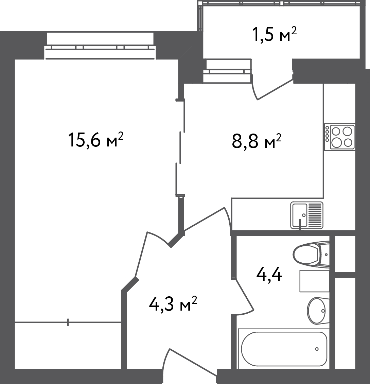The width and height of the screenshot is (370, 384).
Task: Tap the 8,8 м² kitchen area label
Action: (x=257, y=141)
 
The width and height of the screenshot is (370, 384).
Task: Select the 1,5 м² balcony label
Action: (x=275, y=35)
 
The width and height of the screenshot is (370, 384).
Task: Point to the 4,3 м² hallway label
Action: (x=173, y=304)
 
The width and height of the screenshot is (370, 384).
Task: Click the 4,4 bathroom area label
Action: (x=269, y=275)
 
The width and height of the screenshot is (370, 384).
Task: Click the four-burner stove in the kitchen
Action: (x=340, y=137)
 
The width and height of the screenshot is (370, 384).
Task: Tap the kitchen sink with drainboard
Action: (x=307, y=215)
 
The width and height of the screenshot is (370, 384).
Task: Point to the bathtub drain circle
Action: (x=317, y=349)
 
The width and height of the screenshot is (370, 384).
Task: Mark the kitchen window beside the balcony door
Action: (x=227, y=71)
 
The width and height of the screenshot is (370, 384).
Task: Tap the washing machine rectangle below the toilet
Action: (x=315, y=281)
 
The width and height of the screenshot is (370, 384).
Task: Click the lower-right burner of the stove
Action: (x=348, y=142)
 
